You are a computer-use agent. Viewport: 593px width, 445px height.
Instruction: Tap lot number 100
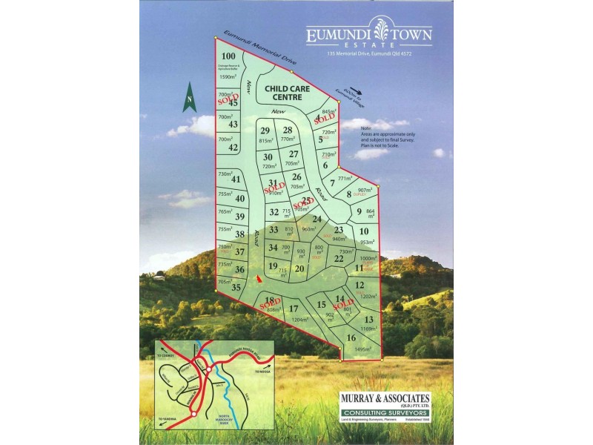228,56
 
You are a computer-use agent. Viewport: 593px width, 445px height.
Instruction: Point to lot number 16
351,337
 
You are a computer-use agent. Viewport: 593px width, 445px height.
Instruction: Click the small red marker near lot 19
258,278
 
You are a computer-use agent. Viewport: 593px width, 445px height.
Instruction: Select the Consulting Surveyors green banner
384,414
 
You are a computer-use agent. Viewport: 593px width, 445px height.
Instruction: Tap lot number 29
265,131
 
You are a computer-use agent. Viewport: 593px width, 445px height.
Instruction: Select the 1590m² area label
227,76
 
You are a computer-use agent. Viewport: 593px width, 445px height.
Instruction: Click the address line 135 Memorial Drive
369,54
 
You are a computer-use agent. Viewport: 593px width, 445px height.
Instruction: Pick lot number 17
294,309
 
